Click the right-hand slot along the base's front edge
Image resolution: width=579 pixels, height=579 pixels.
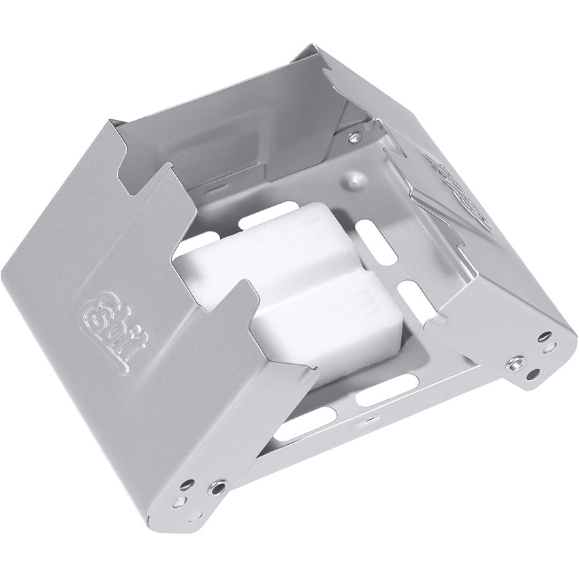tap(377, 396)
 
